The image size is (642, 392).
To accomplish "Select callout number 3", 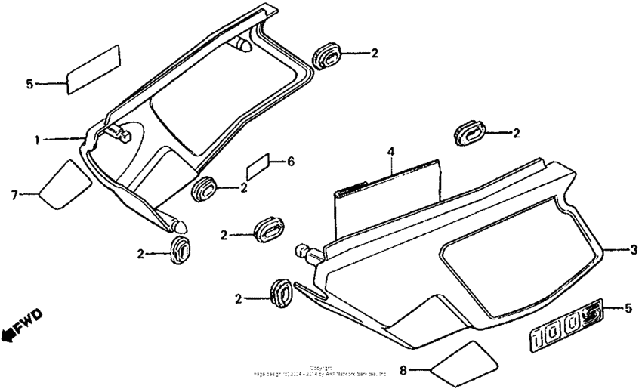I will [634, 249].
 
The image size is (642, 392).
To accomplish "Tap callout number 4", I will [391, 153].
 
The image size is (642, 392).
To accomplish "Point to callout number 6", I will [292, 162].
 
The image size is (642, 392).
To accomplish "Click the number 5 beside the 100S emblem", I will [628, 307].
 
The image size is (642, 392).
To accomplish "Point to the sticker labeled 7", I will [63, 184].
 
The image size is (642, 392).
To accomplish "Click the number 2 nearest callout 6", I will [244, 187].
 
